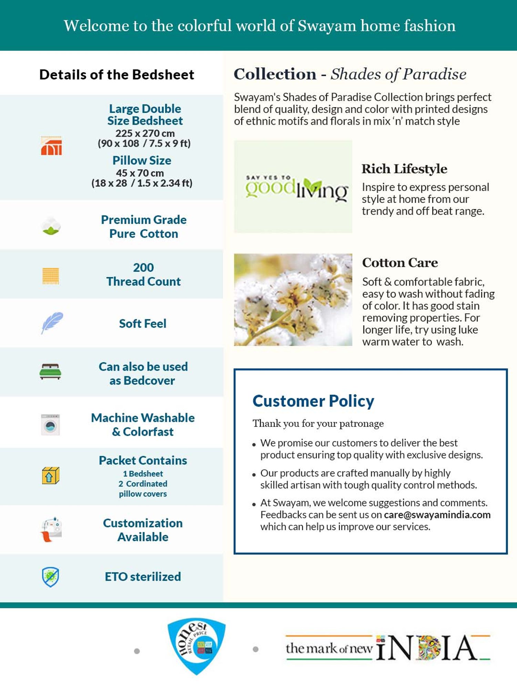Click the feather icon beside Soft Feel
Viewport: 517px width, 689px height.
(x=52, y=323)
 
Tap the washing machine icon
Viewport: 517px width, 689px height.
(x=51, y=425)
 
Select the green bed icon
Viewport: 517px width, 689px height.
(x=50, y=372)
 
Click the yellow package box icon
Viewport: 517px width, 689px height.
(x=51, y=476)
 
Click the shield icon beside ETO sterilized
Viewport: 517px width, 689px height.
(x=51, y=577)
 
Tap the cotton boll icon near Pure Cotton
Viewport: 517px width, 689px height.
(x=51, y=226)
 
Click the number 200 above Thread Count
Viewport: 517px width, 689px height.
(x=143, y=267)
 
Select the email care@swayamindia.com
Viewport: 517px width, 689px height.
(x=437, y=515)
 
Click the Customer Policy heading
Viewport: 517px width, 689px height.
(x=313, y=401)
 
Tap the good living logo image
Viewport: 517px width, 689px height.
(x=293, y=186)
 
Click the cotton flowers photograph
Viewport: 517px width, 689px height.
(x=293, y=300)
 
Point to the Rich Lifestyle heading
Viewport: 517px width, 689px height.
(x=404, y=169)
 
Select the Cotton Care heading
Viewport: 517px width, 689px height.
(x=400, y=263)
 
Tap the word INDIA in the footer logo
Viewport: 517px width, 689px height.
(x=427, y=648)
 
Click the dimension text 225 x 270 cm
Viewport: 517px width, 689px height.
(x=145, y=133)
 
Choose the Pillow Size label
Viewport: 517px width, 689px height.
(x=142, y=161)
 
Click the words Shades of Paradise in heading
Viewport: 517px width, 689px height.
(x=398, y=74)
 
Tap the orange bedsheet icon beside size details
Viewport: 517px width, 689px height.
(x=51, y=146)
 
